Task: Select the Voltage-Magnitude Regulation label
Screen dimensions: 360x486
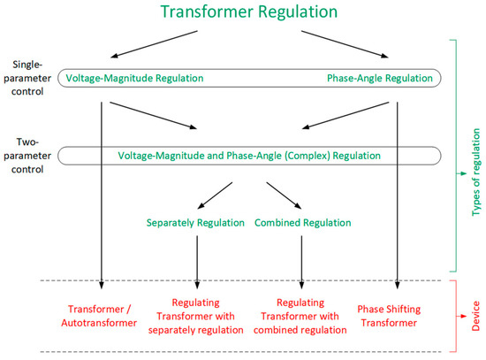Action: (x=135, y=79)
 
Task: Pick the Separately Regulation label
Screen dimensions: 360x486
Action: (x=195, y=223)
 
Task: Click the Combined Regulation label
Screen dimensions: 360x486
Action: (x=303, y=223)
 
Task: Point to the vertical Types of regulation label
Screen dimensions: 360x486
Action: (x=475, y=156)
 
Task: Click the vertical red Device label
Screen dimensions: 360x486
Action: (x=475, y=316)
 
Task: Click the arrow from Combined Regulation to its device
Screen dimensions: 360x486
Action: (x=302, y=260)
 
